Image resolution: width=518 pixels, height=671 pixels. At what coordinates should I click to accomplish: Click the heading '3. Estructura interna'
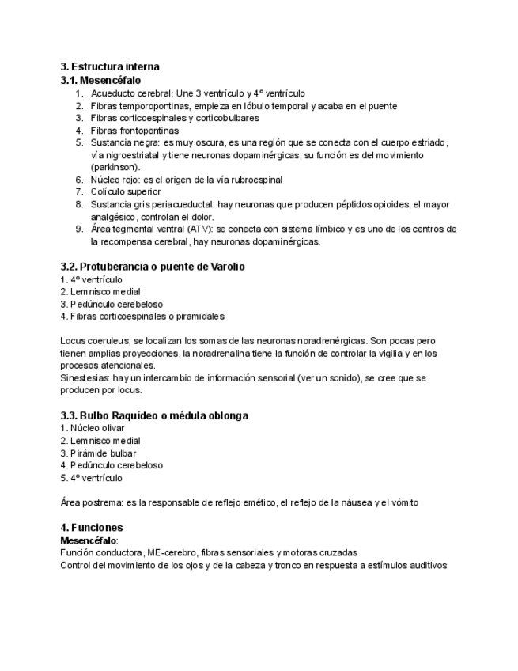[x=110, y=66]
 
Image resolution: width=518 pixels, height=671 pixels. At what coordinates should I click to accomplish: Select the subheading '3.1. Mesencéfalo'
[x=100, y=80]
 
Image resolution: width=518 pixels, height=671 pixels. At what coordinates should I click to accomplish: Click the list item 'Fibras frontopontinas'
[x=134, y=130]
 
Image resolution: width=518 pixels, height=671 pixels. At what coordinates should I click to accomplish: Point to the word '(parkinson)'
[x=115, y=167]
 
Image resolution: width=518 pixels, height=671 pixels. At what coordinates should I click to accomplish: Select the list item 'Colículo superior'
[x=126, y=191]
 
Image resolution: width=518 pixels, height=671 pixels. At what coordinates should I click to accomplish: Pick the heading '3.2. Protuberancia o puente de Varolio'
[x=153, y=267]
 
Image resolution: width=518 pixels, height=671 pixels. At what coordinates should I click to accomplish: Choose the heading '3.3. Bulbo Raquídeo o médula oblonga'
[x=154, y=415]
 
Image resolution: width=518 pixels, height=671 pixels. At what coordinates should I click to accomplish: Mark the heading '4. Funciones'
[x=91, y=527]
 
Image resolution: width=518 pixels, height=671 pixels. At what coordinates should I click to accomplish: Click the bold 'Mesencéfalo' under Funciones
[x=88, y=540]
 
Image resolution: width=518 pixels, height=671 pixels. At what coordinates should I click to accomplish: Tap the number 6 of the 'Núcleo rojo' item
[x=79, y=180]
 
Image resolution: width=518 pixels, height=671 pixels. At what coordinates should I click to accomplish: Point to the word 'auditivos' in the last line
[x=427, y=565]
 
